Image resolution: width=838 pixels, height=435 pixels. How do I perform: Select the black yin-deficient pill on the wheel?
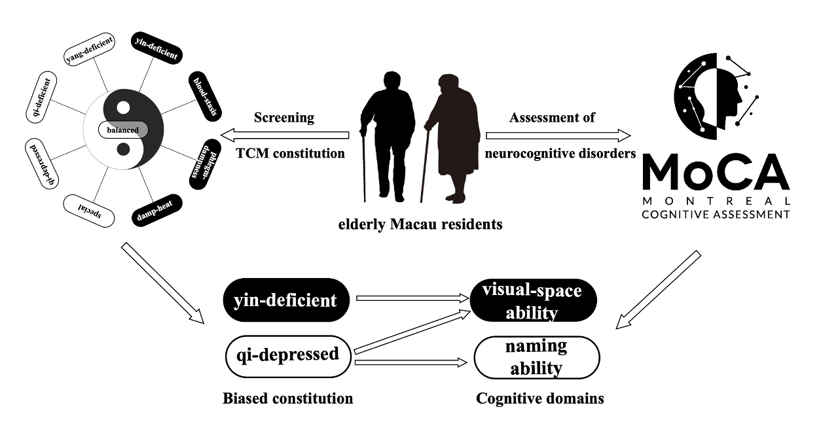click(155, 47)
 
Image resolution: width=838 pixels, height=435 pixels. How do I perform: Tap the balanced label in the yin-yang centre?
click(123, 130)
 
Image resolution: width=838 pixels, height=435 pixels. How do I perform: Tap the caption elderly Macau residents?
click(420, 225)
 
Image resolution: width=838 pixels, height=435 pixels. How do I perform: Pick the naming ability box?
click(536, 357)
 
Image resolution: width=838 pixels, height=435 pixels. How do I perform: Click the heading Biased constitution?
click(287, 398)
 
